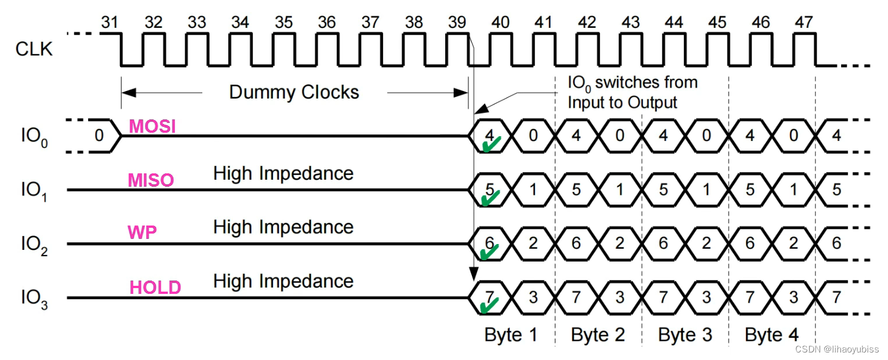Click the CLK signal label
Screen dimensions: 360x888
point(34,49)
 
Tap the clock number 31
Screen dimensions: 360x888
point(110,22)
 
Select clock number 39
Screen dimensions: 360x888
point(457,22)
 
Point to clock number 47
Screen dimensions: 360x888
point(803,22)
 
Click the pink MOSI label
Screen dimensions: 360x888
point(152,126)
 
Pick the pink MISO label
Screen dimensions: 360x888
point(151,180)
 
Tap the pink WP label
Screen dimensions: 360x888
point(142,233)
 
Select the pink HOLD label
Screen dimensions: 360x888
point(155,288)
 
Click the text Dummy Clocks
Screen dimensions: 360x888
point(294,92)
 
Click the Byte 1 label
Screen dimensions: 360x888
point(511,334)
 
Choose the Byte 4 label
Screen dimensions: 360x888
point(771,334)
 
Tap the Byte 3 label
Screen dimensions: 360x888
point(685,334)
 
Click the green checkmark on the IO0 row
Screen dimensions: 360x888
point(490,145)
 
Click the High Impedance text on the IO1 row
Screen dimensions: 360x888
point(283,173)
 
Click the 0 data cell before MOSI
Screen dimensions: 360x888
point(99,136)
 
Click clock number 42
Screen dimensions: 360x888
point(587,22)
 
